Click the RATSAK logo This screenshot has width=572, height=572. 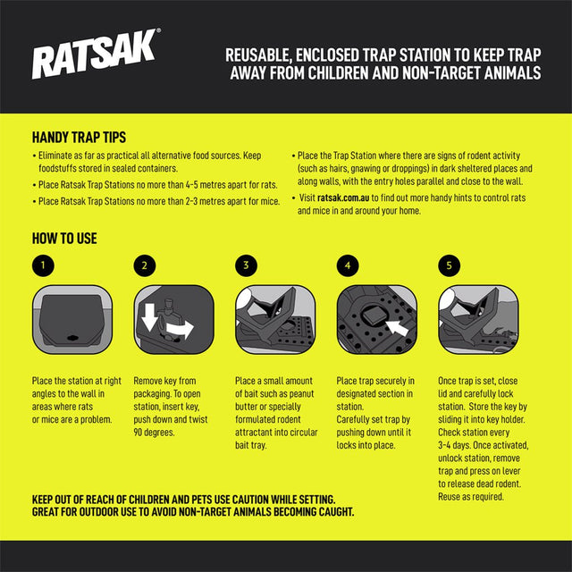tap(97, 59)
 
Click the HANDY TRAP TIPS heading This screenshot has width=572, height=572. tap(79, 138)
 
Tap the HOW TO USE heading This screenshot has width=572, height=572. tap(64, 239)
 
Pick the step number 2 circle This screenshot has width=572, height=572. tap(144, 265)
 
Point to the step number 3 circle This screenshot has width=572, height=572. tap(246, 265)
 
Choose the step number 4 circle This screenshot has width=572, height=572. tap(348, 265)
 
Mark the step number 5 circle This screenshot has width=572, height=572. tap(450, 265)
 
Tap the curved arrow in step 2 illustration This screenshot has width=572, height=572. tap(181, 330)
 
